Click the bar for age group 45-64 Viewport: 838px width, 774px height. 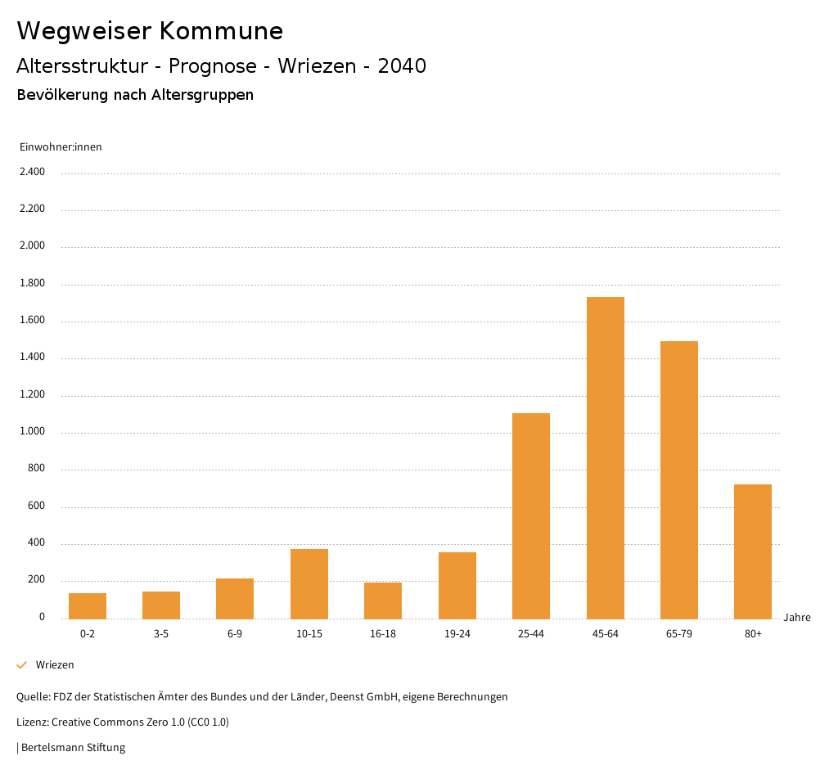pos(605,457)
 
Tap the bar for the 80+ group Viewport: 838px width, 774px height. pos(753,551)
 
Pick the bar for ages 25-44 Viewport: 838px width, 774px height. pos(531,515)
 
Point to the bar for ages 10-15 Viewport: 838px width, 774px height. pos(309,583)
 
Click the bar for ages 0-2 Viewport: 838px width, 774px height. pos(88,605)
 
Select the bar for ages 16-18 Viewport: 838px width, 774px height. pos(383,600)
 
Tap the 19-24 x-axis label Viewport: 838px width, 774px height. pos(457,634)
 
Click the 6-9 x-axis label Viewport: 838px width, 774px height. pos(235,634)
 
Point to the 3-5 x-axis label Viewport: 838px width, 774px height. pos(161,634)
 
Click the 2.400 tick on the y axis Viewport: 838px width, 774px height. pos(33,172)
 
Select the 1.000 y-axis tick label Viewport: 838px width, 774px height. pos(33,432)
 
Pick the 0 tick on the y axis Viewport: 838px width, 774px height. pos(42,617)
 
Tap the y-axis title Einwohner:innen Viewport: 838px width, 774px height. pos(61,147)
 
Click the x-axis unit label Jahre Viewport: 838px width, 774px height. pos(797,618)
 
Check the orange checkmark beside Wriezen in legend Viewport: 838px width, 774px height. pos(22,665)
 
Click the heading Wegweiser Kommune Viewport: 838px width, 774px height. pos(150,31)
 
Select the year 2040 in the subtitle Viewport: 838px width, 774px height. pos(402,66)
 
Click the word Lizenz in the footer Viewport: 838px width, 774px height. pos(32,722)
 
